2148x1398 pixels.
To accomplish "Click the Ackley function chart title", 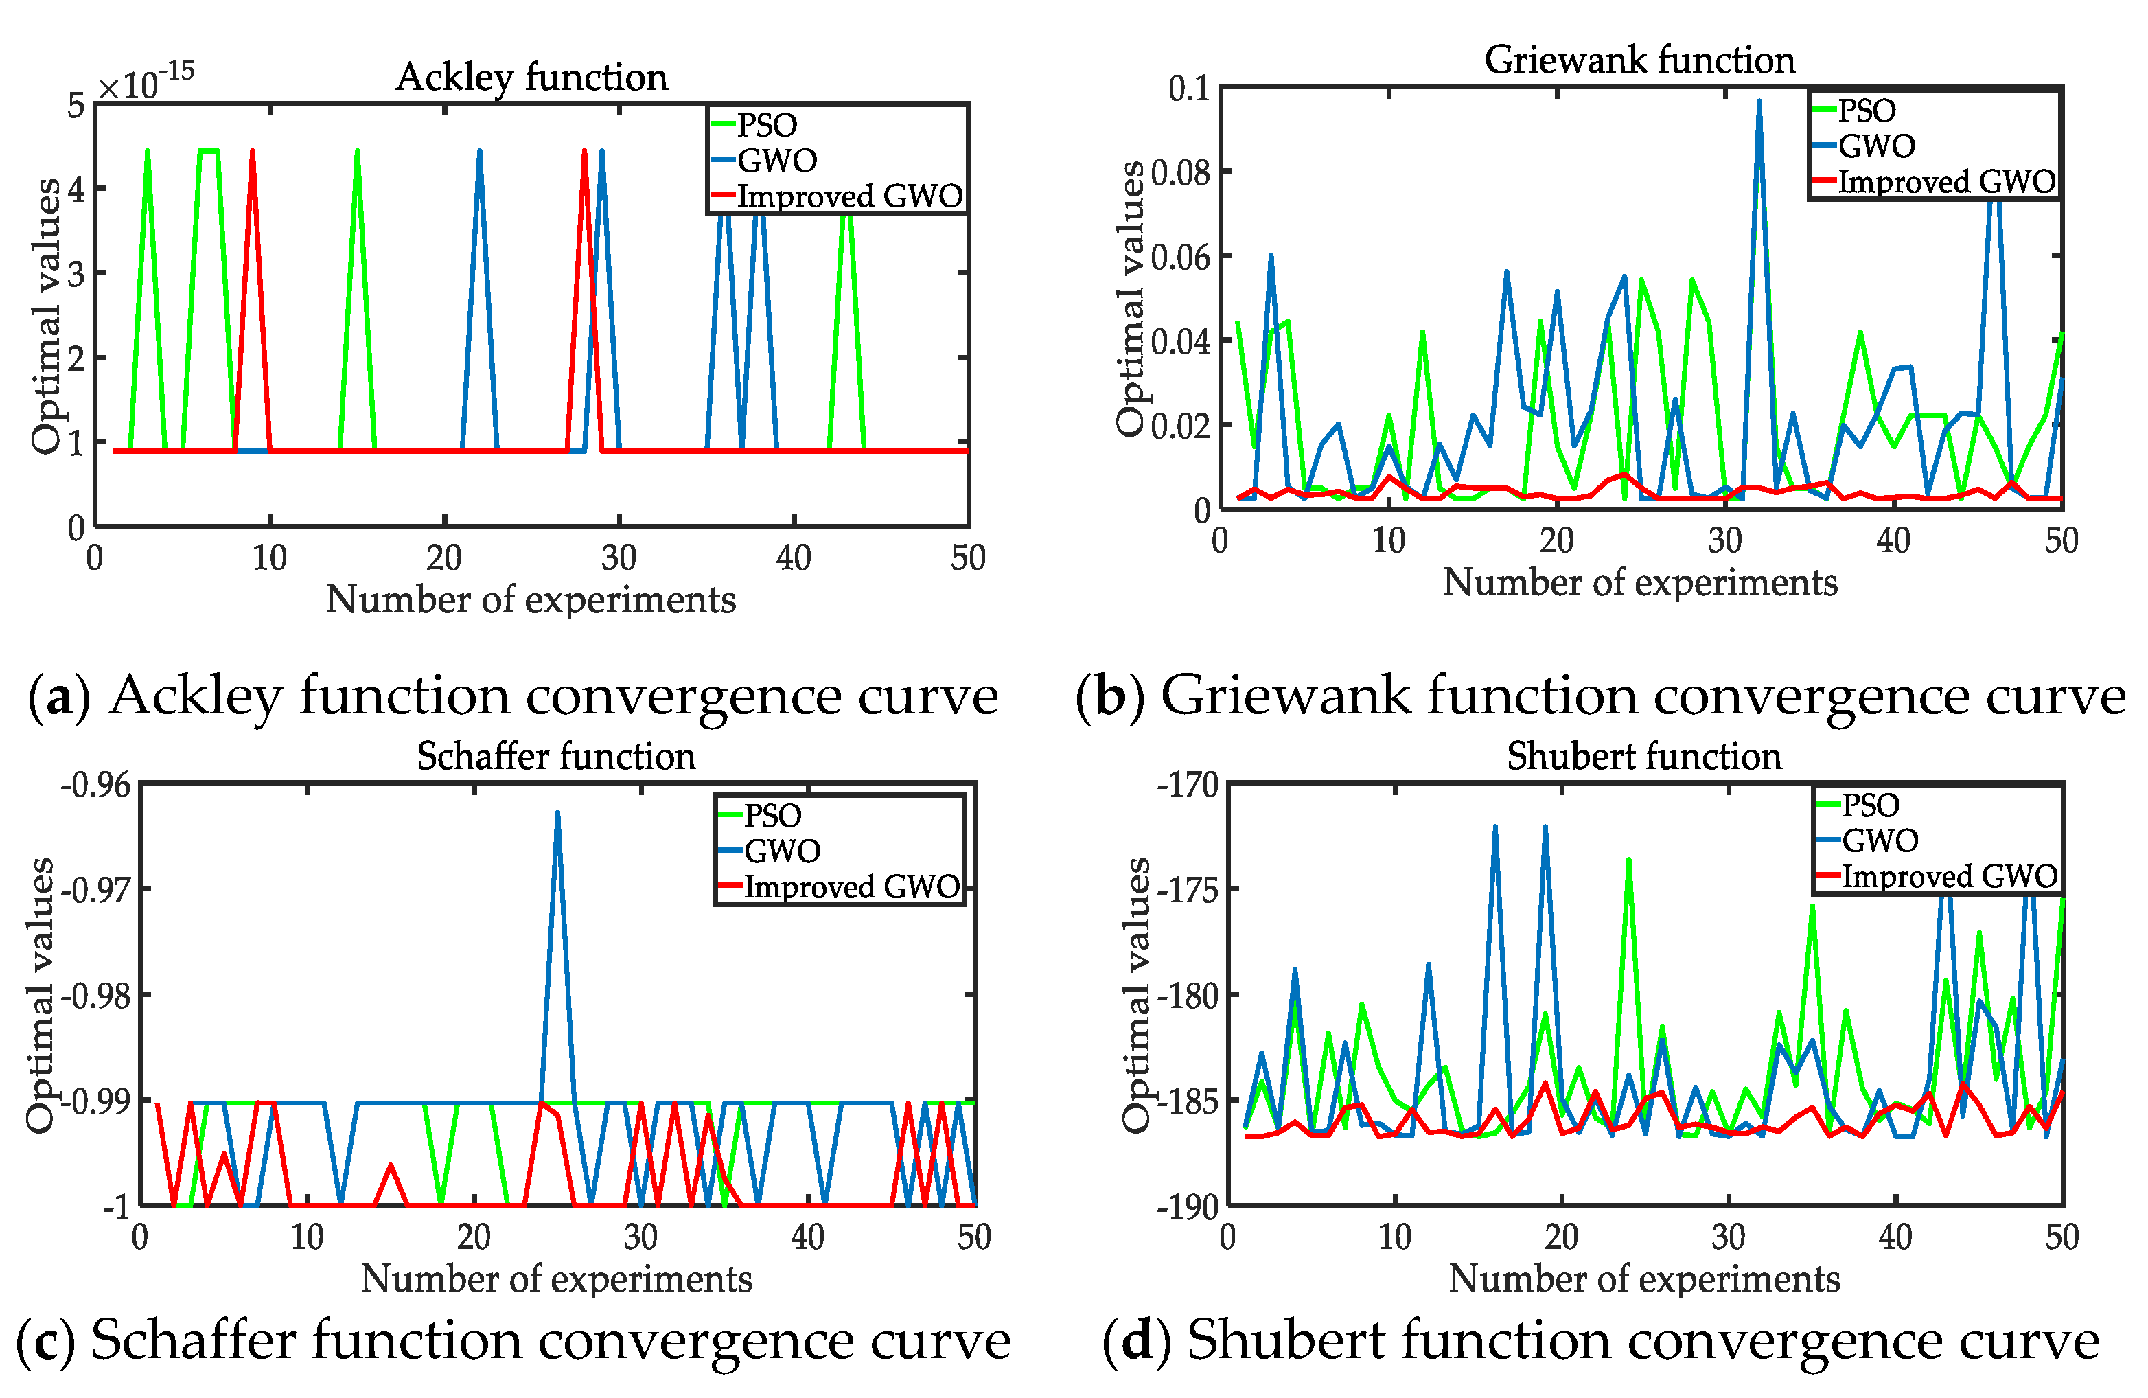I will [x=531, y=78].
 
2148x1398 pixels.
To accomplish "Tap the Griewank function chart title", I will [x=1639, y=60].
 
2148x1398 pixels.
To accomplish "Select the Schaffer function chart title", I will [x=556, y=756].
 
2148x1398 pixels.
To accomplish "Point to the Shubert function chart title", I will [x=1643, y=756].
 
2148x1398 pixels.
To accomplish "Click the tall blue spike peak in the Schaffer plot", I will [x=557, y=812].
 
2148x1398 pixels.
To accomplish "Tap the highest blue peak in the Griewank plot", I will [x=1758, y=102].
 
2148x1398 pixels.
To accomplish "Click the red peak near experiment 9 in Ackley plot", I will [x=253, y=152].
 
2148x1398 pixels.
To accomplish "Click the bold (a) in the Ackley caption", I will [x=60, y=696].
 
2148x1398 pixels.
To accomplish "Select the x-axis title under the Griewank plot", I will [x=1639, y=583].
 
